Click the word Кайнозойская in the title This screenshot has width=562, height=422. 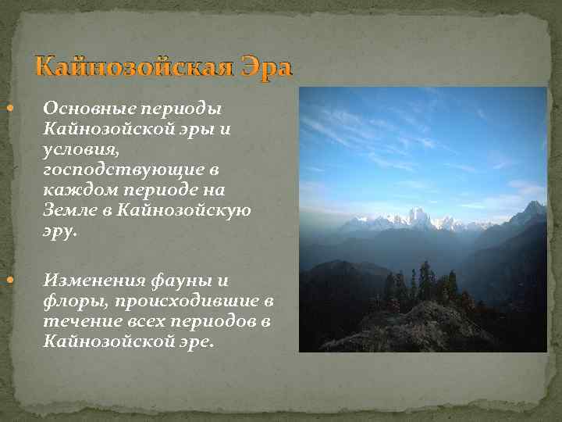coord(133,68)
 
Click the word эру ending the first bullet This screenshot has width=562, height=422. coord(59,231)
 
